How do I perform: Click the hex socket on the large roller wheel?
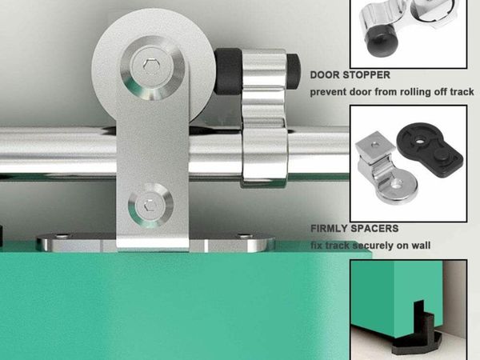(150, 65)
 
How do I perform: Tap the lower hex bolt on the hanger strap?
(150, 205)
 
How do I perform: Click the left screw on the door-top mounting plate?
(62, 236)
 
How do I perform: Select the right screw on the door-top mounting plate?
(245, 236)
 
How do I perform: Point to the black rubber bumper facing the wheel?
(228, 71)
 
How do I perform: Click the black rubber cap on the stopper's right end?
(294, 72)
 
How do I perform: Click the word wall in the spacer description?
(421, 246)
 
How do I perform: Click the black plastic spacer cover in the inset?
(430, 149)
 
